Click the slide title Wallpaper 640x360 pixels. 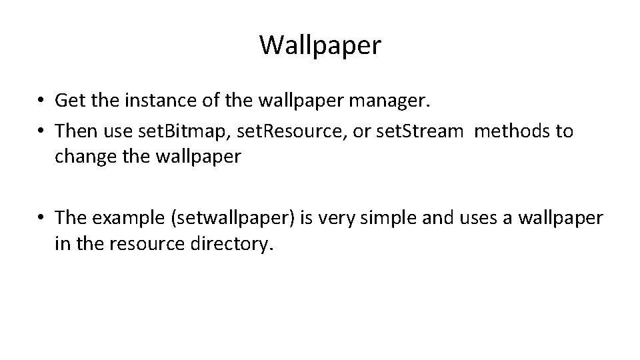pos(320,45)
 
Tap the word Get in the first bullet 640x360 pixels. pos(69,101)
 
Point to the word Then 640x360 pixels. pos(75,131)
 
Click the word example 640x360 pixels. pos(127,217)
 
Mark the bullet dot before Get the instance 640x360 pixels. pos(41,101)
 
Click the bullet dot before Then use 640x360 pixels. pos(41,131)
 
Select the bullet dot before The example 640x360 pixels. pos(41,218)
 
